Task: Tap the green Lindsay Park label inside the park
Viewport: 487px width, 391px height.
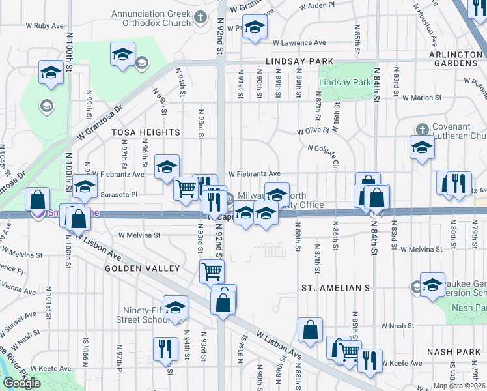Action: pyautogui.click(x=344, y=83)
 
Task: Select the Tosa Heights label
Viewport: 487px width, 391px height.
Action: pyautogui.click(x=135, y=132)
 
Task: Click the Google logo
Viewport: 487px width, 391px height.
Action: pyautogui.click(x=21, y=383)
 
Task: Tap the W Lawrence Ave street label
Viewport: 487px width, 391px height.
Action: pyautogui.click(x=299, y=42)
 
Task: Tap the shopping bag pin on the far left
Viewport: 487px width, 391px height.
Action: pyautogui.click(x=38, y=199)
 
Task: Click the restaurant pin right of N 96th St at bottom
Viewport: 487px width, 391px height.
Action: pyautogui.click(x=165, y=348)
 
